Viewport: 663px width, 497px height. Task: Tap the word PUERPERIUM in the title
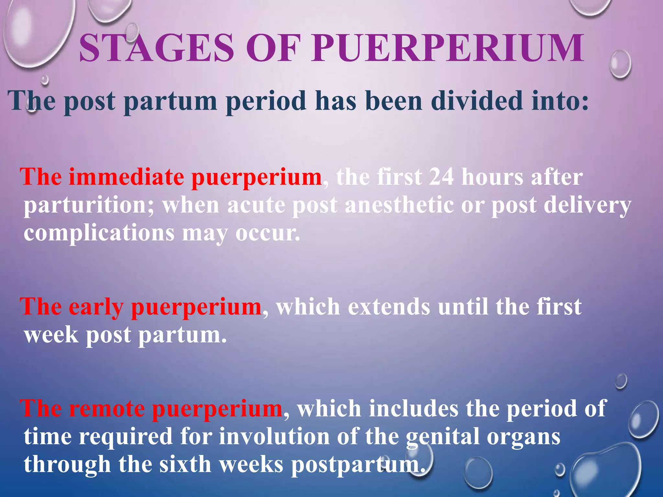[x=448, y=48]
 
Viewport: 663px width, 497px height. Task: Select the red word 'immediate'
[x=126, y=177]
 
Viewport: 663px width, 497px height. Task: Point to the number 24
[x=441, y=177]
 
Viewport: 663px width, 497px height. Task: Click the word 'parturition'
[x=89, y=206]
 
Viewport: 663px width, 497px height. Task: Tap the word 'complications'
[x=99, y=234]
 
